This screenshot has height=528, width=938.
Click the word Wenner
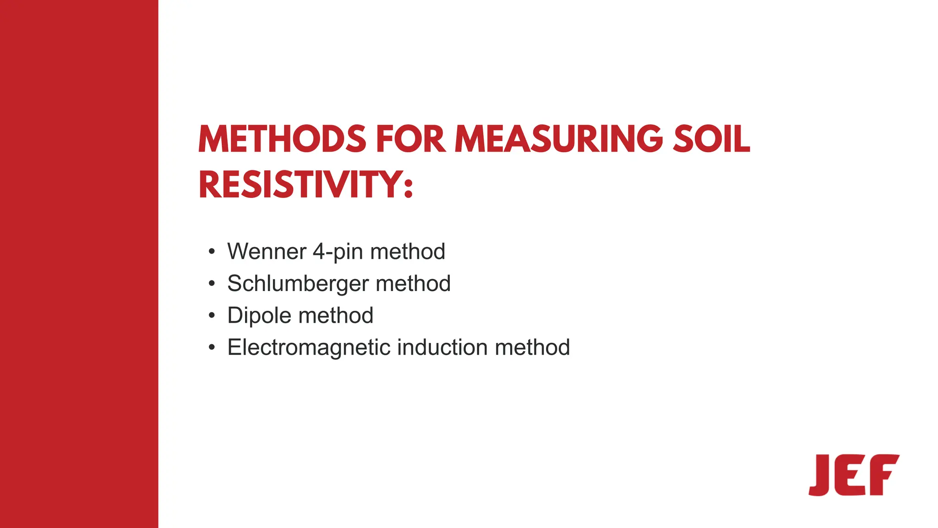[x=267, y=251]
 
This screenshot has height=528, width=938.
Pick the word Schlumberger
[x=298, y=283]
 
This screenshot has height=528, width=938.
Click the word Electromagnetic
[x=309, y=347]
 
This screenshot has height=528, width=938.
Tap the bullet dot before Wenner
[x=211, y=252]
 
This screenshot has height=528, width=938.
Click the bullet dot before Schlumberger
[x=211, y=284]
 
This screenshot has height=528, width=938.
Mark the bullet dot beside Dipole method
[x=211, y=316]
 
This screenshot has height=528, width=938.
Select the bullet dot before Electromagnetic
[x=211, y=348]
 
